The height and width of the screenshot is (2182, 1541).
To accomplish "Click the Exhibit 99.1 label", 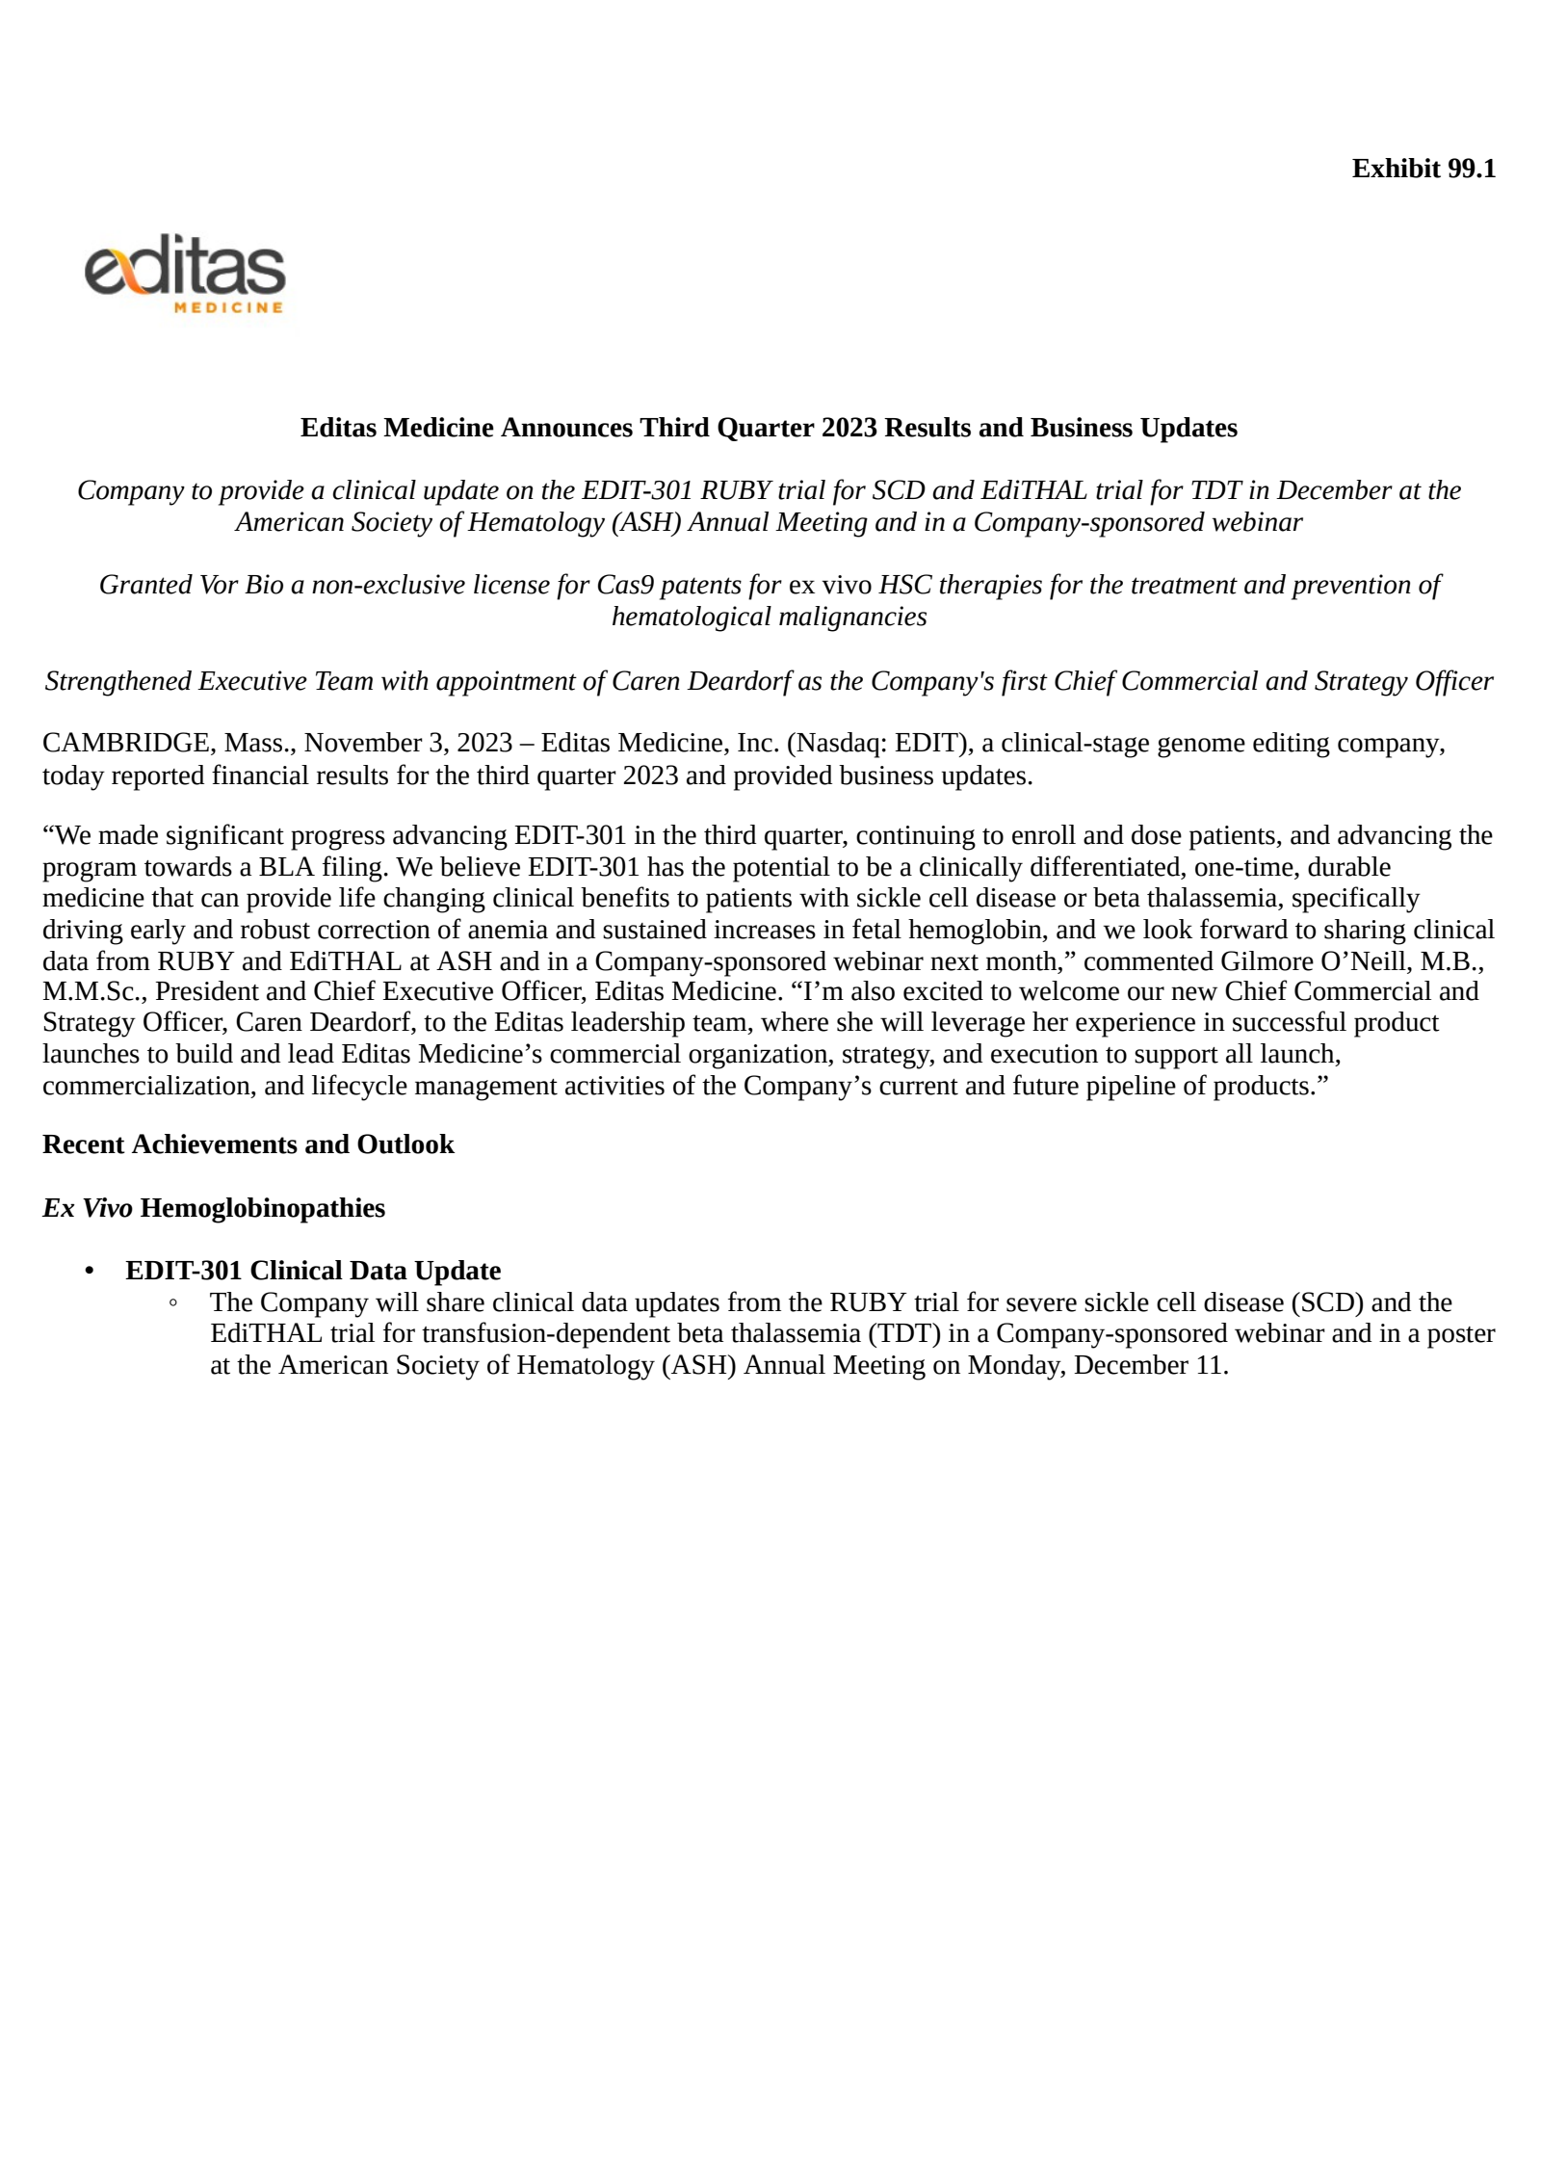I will click(x=1423, y=169).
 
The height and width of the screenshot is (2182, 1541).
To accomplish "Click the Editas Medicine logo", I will click(x=185, y=273).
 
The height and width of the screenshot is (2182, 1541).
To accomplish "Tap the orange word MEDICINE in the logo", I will click(x=228, y=308).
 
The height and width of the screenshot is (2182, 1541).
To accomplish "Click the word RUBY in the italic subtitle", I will click(x=735, y=490).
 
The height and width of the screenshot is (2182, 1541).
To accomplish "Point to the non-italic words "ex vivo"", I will click(x=829, y=585).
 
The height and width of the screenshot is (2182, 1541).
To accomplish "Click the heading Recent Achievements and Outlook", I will click(x=248, y=1144).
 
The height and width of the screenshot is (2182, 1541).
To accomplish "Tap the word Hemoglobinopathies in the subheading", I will click(x=262, y=1208).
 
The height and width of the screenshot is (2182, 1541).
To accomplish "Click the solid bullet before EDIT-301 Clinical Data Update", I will click(x=91, y=1272).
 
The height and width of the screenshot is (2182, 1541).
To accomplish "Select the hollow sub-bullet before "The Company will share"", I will click(x=173, y=1303).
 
